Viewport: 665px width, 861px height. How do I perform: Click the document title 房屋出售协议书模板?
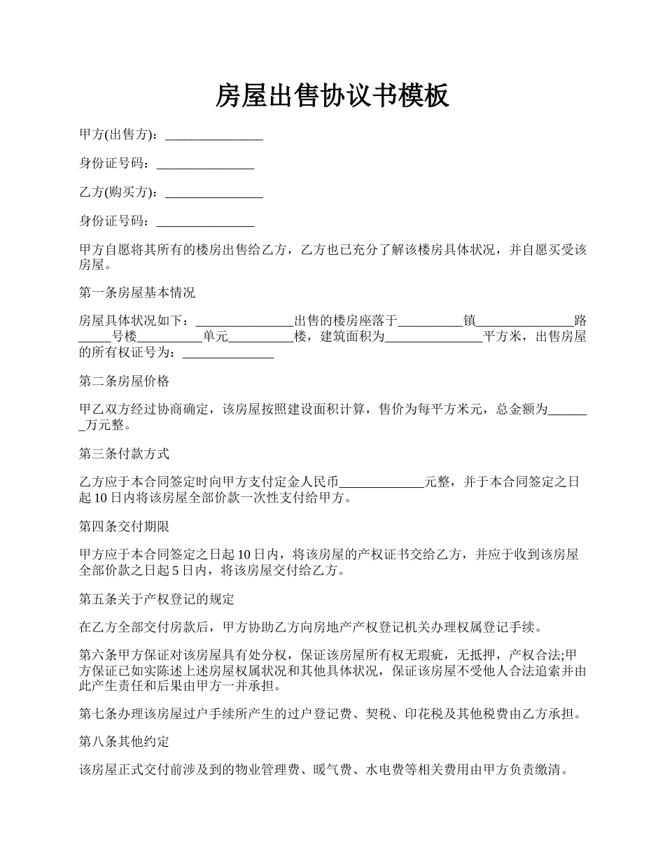coord(332,96)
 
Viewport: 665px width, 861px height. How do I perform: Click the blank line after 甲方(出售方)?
coord(214,136)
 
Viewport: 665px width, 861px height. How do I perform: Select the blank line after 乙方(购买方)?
coord(214,193)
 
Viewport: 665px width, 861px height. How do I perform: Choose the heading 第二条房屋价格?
coord(124,381)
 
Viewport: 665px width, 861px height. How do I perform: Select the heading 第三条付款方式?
coord(124,454)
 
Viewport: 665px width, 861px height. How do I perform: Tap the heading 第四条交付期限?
coord(124,526)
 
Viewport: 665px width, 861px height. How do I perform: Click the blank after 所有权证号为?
coord(227,354)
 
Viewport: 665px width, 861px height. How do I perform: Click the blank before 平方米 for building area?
coord(434,337)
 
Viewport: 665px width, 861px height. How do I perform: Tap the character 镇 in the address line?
coord(470,321)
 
